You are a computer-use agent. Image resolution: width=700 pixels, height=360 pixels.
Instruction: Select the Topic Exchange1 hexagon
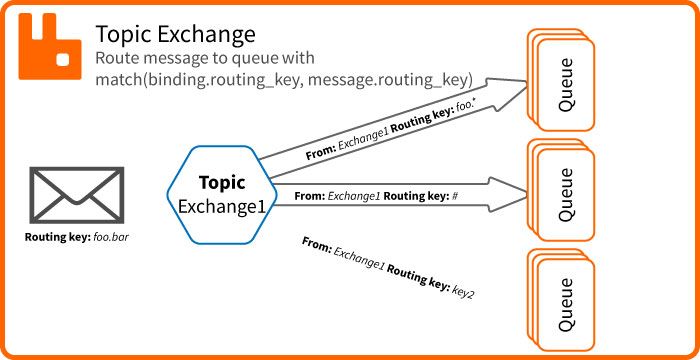click(x=222, y=195)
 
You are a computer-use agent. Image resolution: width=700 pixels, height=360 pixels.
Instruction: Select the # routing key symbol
click(x=455, y=196)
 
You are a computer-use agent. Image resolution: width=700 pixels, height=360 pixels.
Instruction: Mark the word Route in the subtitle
click(x=119, y=59)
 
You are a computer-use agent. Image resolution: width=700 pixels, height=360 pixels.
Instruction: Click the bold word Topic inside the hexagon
click(x=222, y=183)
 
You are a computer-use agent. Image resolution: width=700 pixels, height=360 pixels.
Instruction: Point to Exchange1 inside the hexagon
click(x=222, y=206)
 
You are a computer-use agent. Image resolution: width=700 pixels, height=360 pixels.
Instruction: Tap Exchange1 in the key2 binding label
click(x=359, y=260)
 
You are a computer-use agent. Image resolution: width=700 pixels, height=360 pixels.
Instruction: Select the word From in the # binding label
click(x=311, y=196)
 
